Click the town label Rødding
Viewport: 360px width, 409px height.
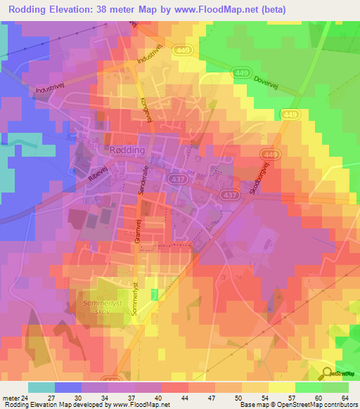127,150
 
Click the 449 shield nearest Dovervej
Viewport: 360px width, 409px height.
240,72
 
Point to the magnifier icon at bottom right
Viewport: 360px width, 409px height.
328,373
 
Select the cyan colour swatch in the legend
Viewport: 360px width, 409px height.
41,387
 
